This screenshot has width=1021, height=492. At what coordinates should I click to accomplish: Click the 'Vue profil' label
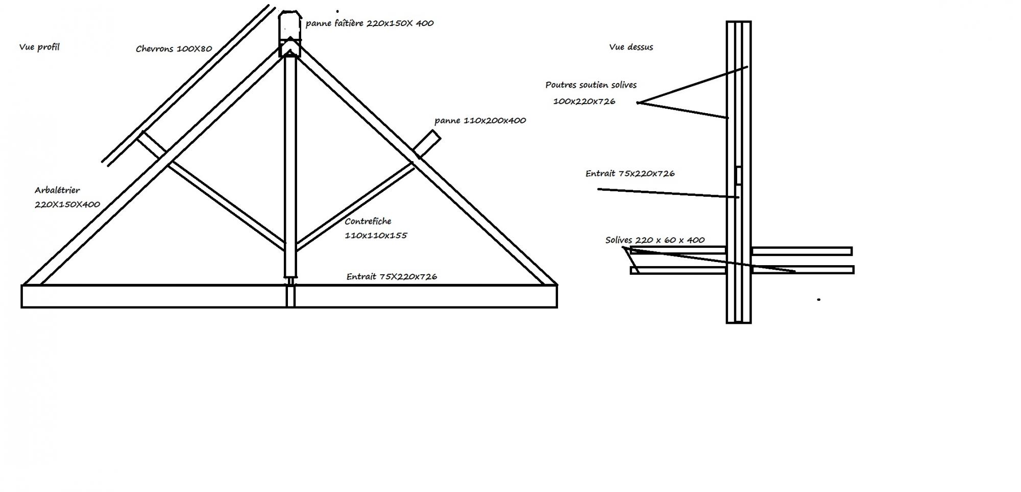click(x=39, y=47)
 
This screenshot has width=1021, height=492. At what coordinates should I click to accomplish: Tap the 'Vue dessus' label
click(x=631, y=47)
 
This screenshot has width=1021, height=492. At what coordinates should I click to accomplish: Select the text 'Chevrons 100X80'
click(x=174, y=49)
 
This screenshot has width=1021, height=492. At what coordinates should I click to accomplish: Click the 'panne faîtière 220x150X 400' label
click(x=370, y=23)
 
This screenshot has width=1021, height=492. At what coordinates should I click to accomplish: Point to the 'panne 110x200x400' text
click(x=480, y=121)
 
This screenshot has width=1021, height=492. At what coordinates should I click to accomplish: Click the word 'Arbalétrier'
click(x=57, y=190)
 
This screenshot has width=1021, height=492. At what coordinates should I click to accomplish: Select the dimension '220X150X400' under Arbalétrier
click(x=67, y=204)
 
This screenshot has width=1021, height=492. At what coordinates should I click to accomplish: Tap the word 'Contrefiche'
click(x=368, y=221)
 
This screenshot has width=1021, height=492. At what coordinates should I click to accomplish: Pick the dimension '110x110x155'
click(x=376, y=236)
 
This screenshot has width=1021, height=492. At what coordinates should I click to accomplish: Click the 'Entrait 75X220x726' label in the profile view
click(x=392, y=276)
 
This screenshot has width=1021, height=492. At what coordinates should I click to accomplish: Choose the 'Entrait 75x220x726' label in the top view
click(x=630, y=173)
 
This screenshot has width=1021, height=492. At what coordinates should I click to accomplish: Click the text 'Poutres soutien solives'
click(x=591, y=85)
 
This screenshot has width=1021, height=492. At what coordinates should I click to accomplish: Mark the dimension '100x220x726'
click(x=584, y=101)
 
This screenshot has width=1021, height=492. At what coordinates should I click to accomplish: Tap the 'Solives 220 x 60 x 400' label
click(x=655, y=240)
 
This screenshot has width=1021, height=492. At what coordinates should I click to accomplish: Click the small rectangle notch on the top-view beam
click(x=738, y=175)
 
